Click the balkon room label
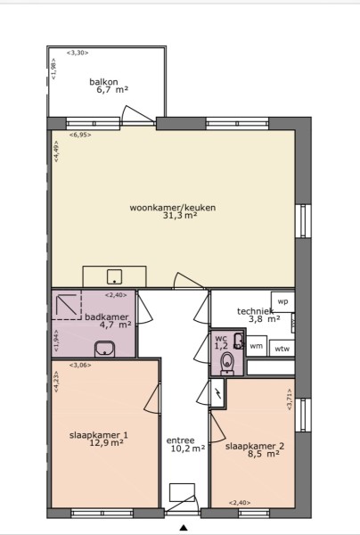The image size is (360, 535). click(103, 82)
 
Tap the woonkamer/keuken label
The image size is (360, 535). click(173, 208)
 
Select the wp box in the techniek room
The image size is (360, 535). click(282, 301)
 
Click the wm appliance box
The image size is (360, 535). click(257, 346)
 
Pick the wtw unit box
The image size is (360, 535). click(282, 349)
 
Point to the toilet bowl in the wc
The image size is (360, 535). click(227, 362)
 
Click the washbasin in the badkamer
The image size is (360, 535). click(105, 349)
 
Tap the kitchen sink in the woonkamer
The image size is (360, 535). click(115, 276)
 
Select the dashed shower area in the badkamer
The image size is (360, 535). click(67, 305)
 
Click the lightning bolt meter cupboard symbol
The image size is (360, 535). click(217, 393)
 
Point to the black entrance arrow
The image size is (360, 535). click(184, 528)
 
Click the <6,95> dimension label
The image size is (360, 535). click(80, 135)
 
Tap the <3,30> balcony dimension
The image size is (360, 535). click(78, 53)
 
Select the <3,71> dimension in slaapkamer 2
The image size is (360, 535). click(290, 399)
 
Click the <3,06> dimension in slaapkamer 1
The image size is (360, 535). click(80, 365)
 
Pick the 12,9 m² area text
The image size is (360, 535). click(106, 443)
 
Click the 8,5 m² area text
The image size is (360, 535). click(264, 454)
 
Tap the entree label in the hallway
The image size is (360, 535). click(180, 440)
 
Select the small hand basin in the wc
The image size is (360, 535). click(239, 341)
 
